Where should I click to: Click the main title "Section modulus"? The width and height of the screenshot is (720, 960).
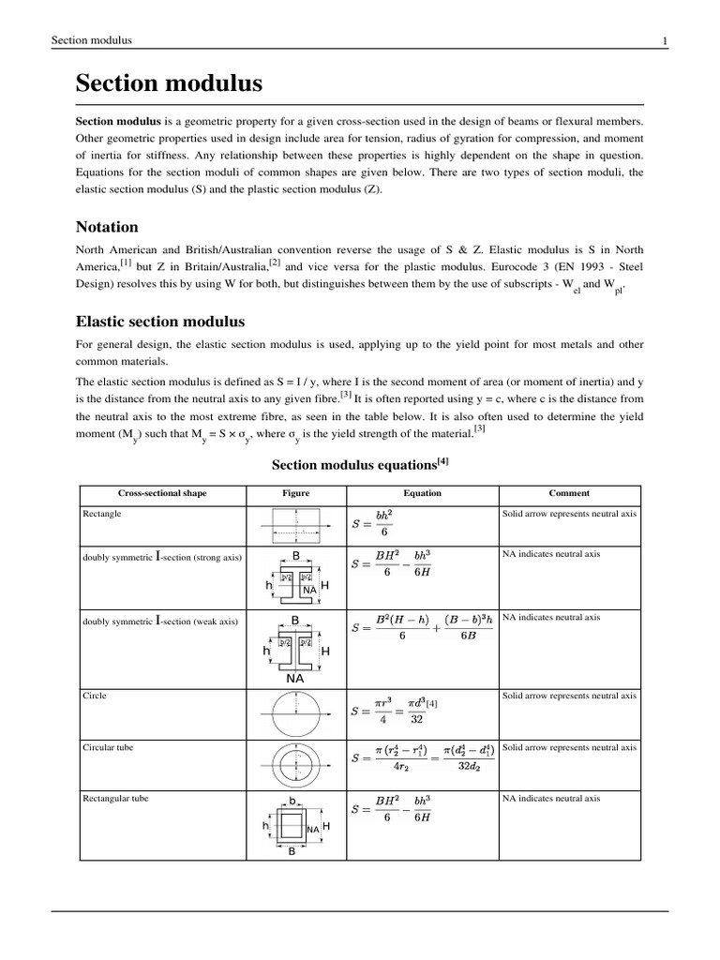click(x=169, y=84)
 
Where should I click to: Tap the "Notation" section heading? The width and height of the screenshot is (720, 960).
click(x=107, y=227)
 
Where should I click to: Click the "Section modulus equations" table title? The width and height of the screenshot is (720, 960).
click(x=361, y=464)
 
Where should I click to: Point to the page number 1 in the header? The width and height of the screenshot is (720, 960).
click(x=664, y=40)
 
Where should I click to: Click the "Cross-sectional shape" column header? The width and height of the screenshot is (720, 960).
click(x=162, y=493)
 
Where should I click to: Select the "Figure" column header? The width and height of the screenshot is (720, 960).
click(x=295, y=493)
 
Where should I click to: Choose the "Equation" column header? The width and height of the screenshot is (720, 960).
click(x=422, y=493)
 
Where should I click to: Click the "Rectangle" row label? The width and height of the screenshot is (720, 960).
click(x=102, y=515)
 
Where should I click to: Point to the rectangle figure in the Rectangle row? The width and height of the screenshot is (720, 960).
click(x=295, y=525)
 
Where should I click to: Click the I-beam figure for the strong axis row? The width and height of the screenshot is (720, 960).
click(x=295, y=577)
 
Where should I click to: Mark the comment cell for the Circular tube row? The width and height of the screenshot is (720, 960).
click(x=570, y=747)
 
